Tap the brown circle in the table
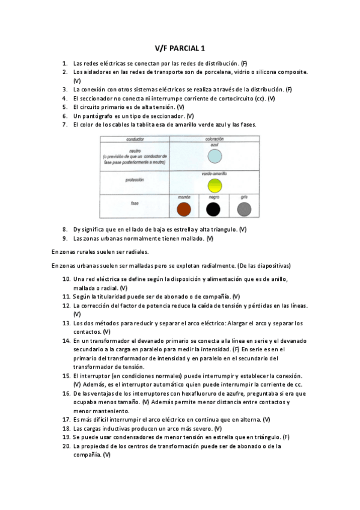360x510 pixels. click(x=184, y=209)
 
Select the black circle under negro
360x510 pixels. click(x=213, y=209)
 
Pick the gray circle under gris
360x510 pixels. click(x=243, y=209)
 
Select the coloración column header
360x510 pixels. click(x=214, y=138)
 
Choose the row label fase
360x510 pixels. click(x=135, y=204)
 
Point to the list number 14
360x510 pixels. click(x=66, y=340)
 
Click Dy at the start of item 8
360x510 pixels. click(x=76, y=229)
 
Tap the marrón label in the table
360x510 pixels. click(x=184, y=197)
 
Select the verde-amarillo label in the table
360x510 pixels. click(x=214, y=173)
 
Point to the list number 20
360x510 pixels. click(x=66, y=446)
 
